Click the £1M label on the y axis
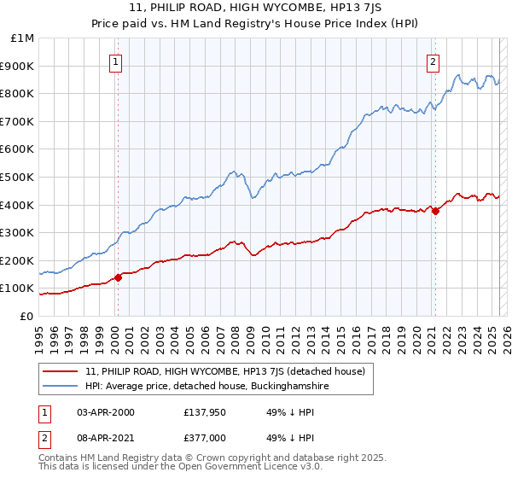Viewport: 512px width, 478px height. [22, 38]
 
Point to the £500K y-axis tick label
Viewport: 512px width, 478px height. [18, 178]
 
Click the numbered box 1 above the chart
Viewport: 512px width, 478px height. [115, 61]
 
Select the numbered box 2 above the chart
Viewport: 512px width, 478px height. [433, 61]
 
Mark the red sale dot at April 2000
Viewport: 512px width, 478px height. [119, 277]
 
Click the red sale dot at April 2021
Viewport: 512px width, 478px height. [435, 211]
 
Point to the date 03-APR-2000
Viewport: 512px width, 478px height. [105, 412]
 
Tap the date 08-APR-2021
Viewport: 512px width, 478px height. [105, 438]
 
